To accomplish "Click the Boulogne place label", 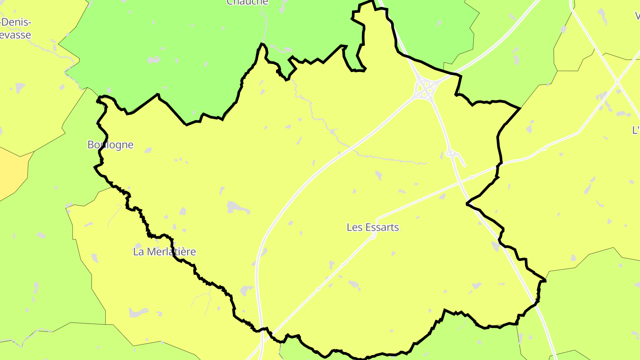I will click(x=110, y=145).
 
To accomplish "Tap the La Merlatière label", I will click(x=164, y=252).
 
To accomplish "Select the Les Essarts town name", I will click(x=372, y=228).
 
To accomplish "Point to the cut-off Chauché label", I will click(x=248, y=3).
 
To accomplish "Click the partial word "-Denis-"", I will click(x=16, y=22).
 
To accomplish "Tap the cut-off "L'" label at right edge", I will click(x=636, y=130).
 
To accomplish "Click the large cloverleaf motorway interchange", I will click(x=425, y=88).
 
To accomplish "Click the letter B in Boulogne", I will click(x=91, y=145).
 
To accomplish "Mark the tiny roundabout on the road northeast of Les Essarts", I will click(x=472, y=177).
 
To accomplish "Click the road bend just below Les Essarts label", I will click(x=373, y=236).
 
